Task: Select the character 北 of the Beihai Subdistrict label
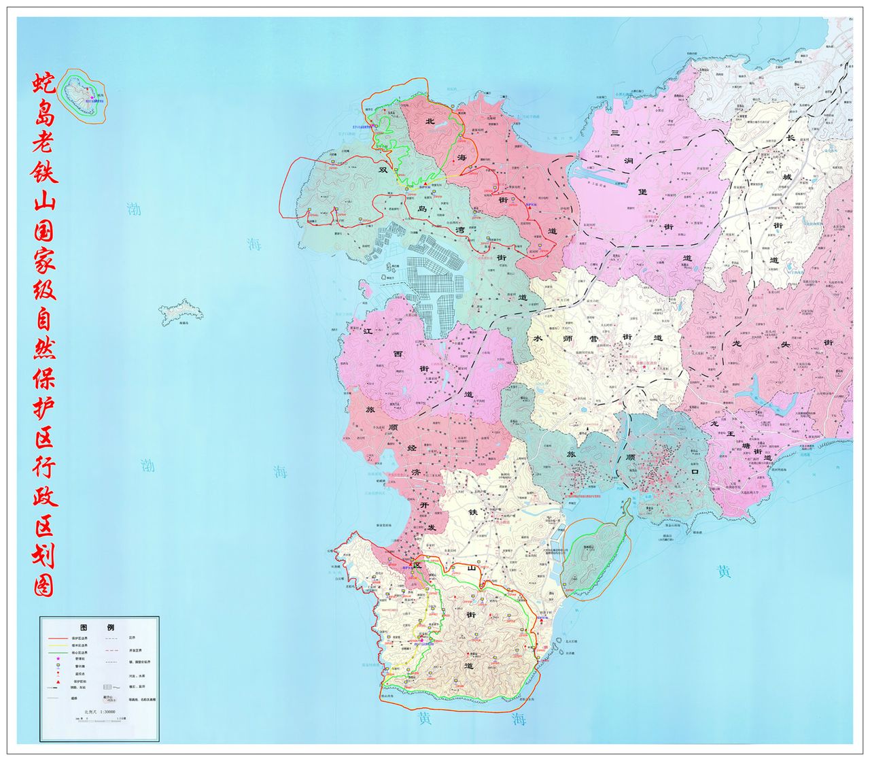point(429,122)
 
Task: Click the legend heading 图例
point(99,626)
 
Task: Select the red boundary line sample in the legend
point(58,639)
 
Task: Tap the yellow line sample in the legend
point(58,645)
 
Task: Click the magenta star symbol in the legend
point(58,658)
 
